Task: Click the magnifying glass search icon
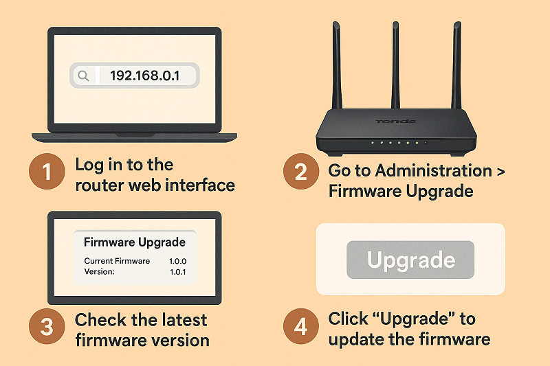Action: coord(83,76)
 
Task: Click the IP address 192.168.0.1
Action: coord(144,76)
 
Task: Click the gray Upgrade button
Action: coord(410,260)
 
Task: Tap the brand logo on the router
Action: coord(395,122)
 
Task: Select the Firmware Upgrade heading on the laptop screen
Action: coord(134,242)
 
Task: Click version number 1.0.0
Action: coord(177,262)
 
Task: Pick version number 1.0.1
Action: coord(177,272)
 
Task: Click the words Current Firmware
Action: coord(117,262)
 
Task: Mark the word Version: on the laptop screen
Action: coord(100,272)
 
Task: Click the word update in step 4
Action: coord(353,339)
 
